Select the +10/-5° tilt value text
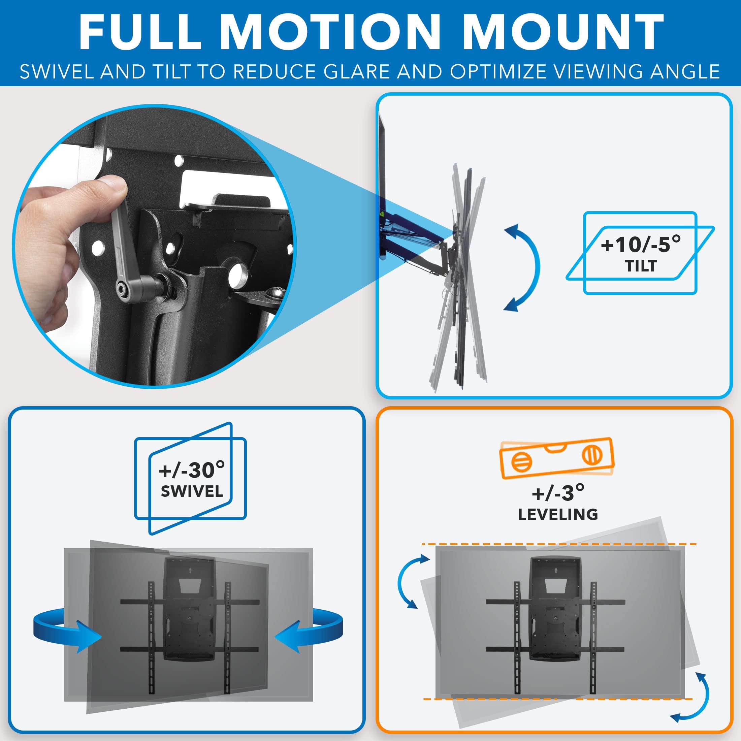click(641, 244)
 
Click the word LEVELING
click(558, 514)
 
